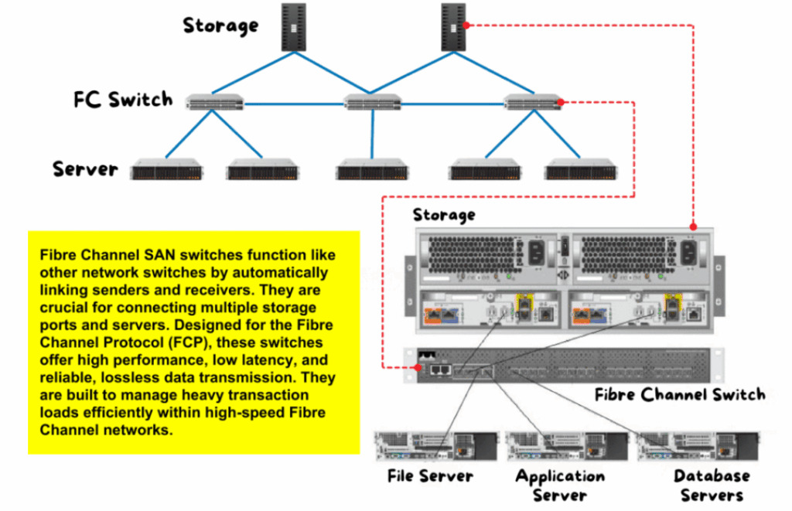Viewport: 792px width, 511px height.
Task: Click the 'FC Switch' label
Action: (123, 100)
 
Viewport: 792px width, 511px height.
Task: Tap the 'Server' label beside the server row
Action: (85, 169)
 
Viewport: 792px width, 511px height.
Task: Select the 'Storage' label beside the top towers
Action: (220, 26)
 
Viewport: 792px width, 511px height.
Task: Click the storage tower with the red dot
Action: (453, 27)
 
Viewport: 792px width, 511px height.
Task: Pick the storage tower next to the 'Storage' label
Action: (293, 27)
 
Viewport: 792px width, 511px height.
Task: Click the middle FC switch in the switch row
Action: (372, 103)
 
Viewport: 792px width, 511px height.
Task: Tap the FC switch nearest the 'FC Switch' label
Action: (214, 103)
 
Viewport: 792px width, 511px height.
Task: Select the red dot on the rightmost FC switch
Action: (561, 103)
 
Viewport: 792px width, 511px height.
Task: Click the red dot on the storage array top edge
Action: (694, 227)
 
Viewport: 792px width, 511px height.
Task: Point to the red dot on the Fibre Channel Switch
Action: (418, 368)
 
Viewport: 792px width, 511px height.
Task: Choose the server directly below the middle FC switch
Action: (372, 169)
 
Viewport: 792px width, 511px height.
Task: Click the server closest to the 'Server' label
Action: (167, 169)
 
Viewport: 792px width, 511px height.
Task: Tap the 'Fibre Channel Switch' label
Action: (680, 394)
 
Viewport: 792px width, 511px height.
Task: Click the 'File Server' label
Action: (430, 475)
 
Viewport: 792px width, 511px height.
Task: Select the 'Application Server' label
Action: (560, 485)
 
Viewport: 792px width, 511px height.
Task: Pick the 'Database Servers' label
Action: (712, 485)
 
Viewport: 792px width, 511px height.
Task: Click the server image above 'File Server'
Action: (436, 446)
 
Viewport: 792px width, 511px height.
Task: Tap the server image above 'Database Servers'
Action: (698, 446)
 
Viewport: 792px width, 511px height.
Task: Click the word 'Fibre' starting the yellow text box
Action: (57, 255)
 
